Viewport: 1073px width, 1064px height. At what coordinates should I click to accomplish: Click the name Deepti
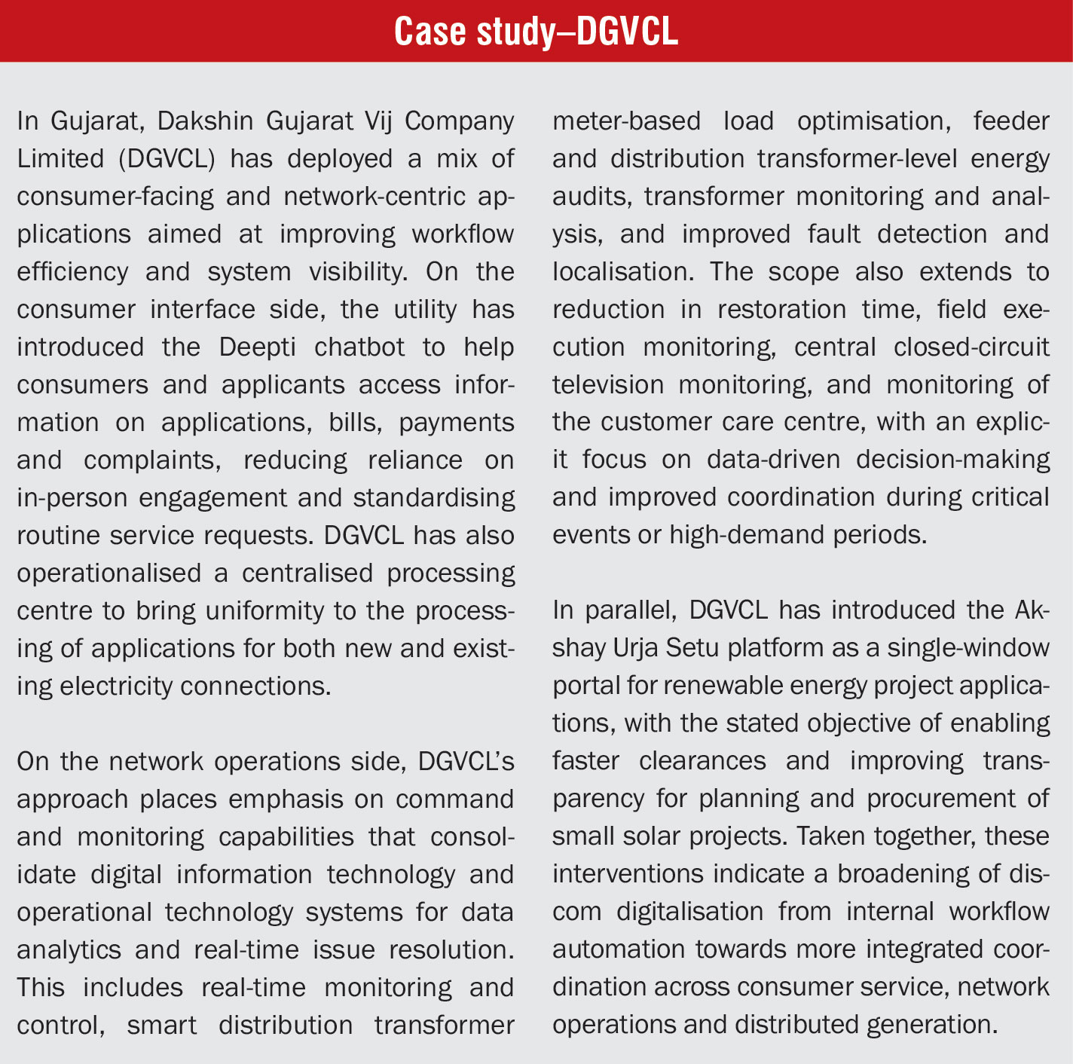point(256,347)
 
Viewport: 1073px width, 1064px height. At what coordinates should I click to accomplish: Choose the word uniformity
point(247,611)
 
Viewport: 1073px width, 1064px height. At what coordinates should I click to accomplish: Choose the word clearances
point(702,762)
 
